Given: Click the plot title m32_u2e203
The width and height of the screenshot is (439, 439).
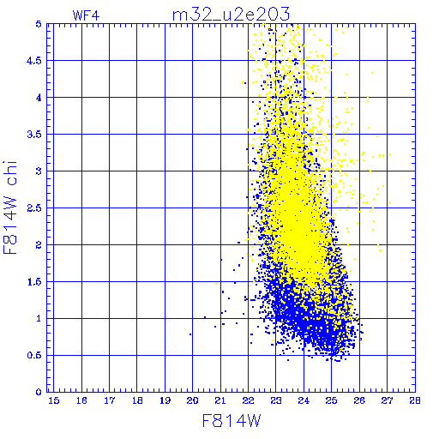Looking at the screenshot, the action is click(231, 15).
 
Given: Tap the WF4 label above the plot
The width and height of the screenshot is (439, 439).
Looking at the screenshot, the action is click(86, 15).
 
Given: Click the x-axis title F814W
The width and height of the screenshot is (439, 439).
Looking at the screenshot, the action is click(232, 420).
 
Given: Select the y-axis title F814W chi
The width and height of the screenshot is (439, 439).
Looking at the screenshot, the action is click(10, 207).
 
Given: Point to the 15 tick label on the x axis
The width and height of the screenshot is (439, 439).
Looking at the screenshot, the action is click(54, 400).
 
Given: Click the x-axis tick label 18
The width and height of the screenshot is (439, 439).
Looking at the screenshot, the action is click(137, 400).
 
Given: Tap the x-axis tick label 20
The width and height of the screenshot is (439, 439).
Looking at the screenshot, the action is click(192, 400).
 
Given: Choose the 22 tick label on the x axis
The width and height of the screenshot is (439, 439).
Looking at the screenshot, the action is click(248, 400).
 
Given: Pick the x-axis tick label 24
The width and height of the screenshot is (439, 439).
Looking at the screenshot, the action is click(304, 400).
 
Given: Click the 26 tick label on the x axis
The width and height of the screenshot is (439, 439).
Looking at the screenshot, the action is click(359, 400).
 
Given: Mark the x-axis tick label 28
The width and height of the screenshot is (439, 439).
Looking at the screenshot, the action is click(415, 400).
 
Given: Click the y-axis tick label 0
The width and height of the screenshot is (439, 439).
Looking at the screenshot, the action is click(39, 392).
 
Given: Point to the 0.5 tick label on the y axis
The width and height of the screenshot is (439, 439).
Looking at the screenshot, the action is click(34, 355).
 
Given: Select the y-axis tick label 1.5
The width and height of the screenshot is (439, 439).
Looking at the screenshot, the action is click(34, 282).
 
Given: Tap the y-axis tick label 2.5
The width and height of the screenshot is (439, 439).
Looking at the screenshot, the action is click(34, 208).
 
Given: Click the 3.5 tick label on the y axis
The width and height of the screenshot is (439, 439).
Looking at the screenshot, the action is click(34, 135).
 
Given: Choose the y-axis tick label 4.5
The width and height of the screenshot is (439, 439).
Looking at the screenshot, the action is click(34, 61).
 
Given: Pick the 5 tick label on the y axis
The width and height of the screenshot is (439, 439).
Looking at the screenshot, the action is click(39, 24).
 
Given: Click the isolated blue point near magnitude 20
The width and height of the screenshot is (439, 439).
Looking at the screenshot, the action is click(190, 334).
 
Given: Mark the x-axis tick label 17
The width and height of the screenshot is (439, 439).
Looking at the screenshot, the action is click(110, 400).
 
